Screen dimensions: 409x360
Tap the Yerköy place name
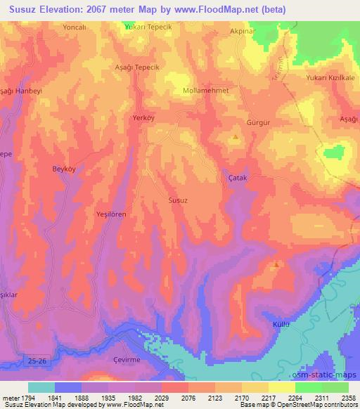click(143, 118)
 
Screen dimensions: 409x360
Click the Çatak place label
click(239, 178)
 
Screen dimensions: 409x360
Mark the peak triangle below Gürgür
click(236, 138)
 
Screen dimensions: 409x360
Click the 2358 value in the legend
click(347, 398)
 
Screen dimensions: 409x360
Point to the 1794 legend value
click(22, 398)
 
